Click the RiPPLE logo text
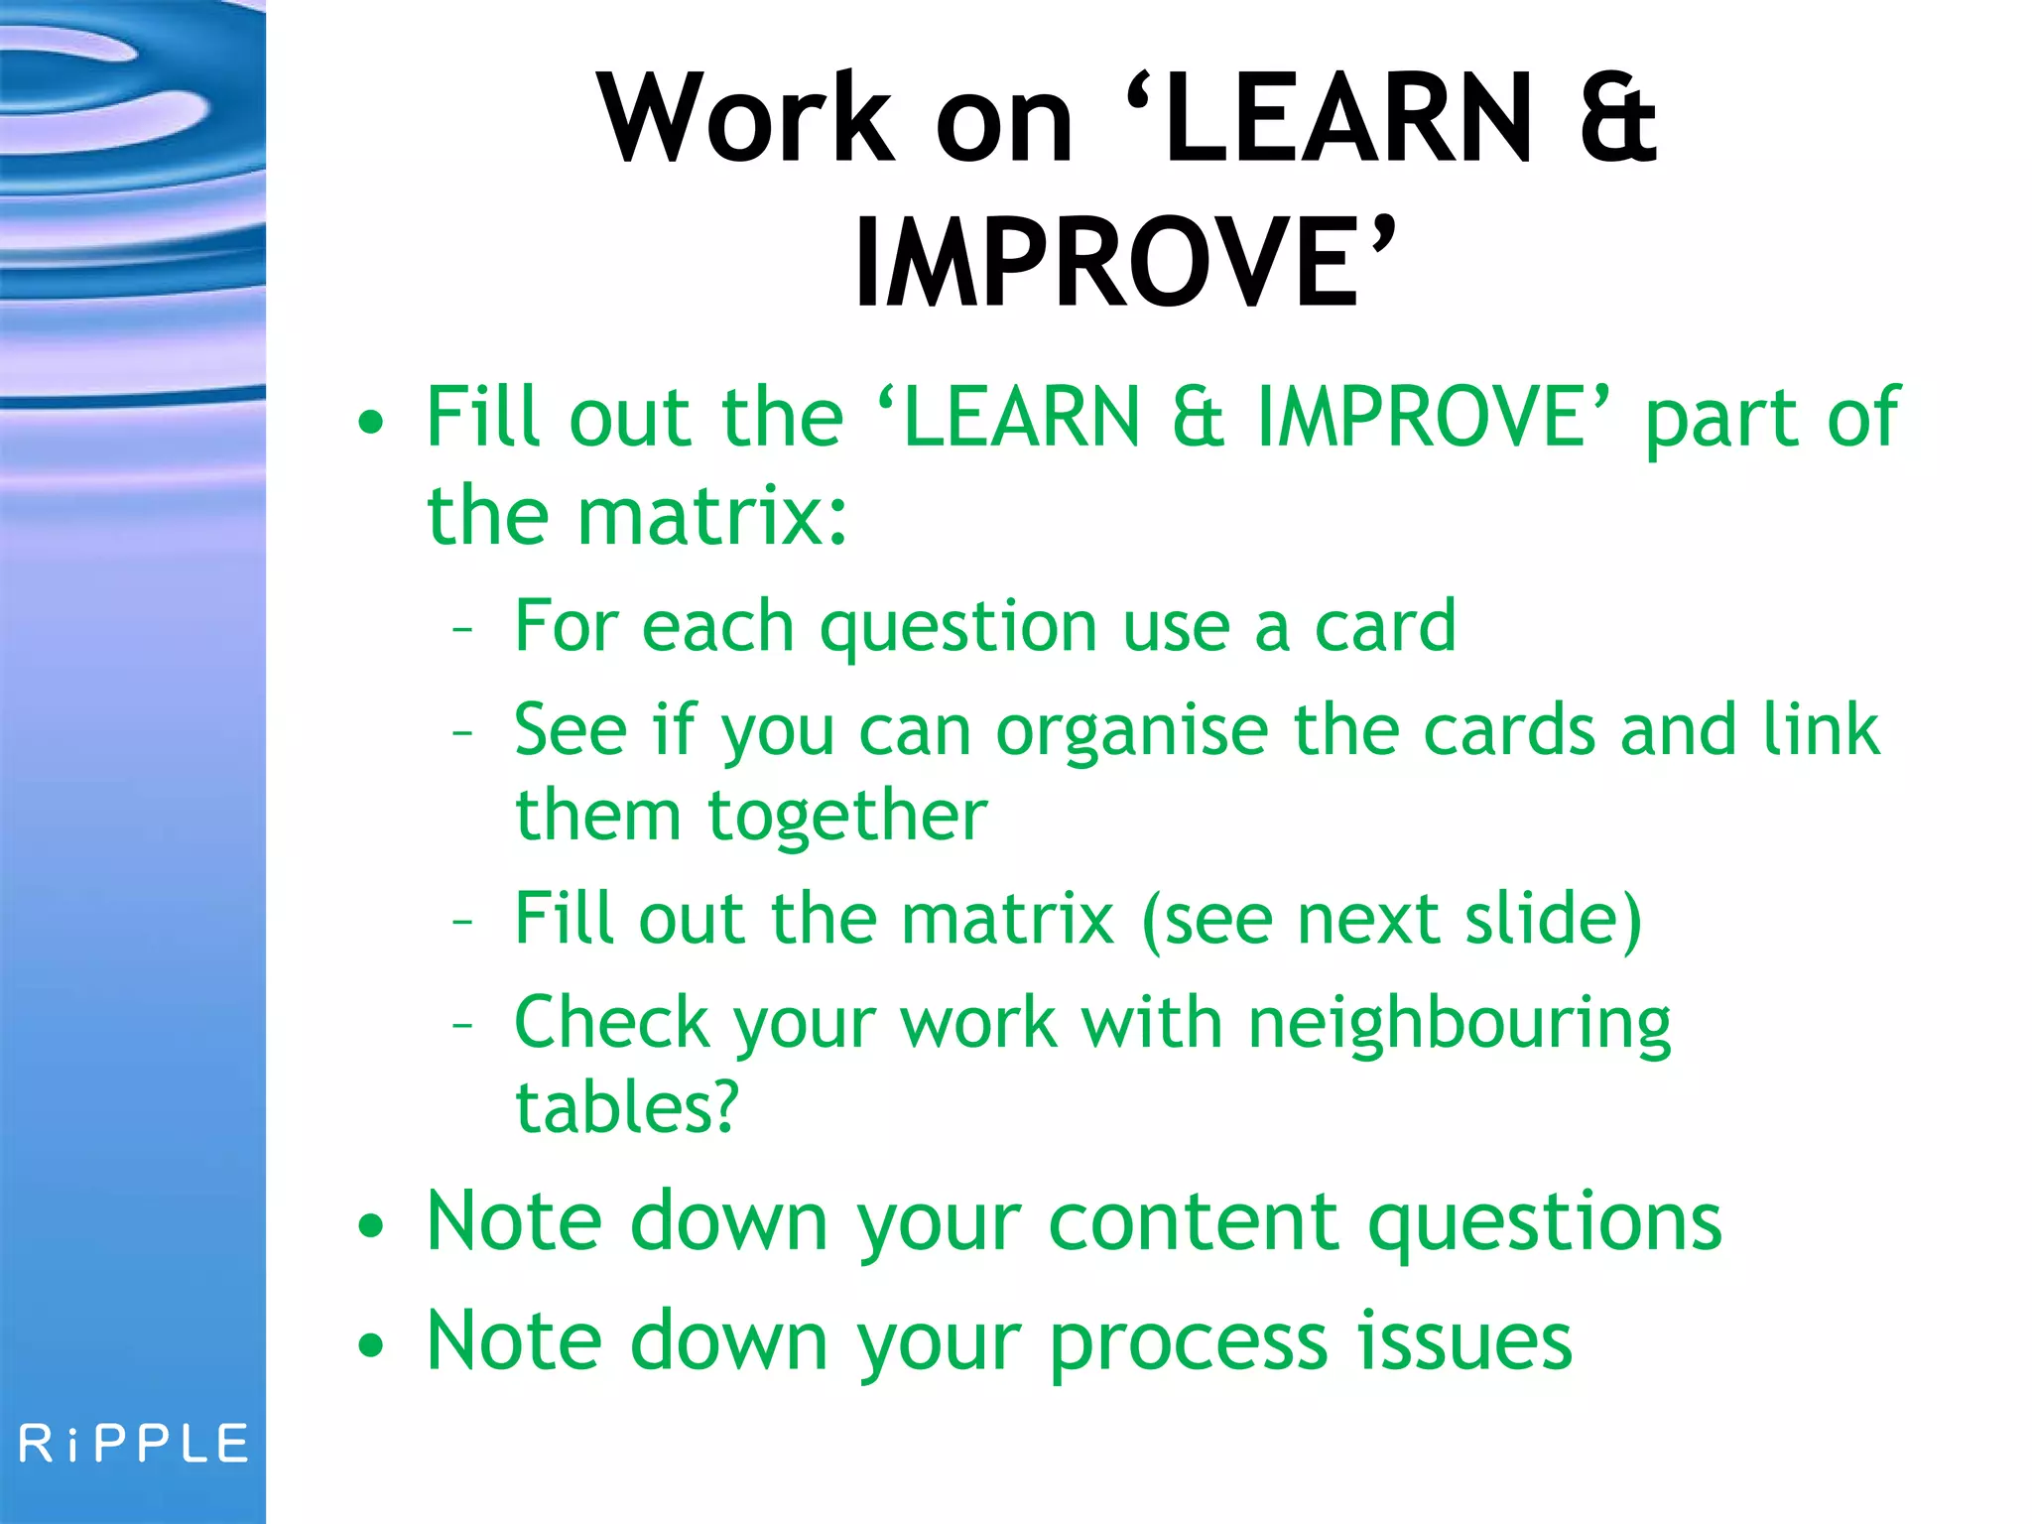(134, 1445)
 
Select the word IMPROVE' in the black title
(1125, 263)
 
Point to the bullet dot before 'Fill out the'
(370, 423)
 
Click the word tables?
(627, 1107)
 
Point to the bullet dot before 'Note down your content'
(370, 1226)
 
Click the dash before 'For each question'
(462, 629)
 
